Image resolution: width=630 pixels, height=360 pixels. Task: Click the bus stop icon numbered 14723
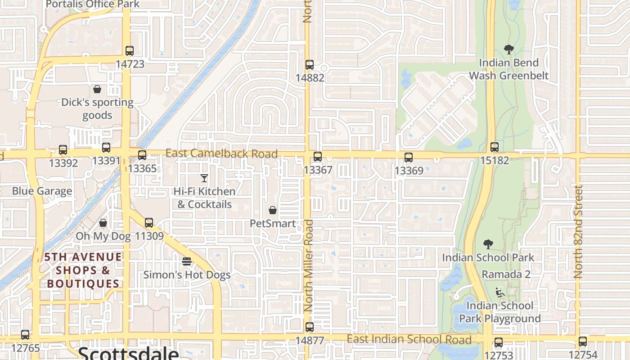pos(130,51)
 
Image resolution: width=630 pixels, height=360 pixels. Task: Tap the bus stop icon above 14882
pos(310,64)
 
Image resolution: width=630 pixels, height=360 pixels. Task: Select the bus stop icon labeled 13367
pos(318,157)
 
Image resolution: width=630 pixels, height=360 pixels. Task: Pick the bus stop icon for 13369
pos(409,157)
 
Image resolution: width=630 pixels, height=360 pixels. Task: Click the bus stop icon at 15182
pos(495,147)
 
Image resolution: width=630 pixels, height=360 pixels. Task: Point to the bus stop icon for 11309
pos(149,222)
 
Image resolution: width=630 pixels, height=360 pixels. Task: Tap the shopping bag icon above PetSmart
pos(273,210)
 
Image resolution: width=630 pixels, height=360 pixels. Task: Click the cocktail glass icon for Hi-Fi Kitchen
pos(204,178)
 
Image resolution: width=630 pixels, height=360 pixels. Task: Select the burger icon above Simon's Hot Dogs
pos(187,261)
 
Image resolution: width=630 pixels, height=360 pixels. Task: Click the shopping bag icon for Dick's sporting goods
pos(97,89)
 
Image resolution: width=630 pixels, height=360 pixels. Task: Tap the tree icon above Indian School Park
pos(488,244)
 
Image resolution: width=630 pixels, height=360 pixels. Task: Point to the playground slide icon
pos(499,292)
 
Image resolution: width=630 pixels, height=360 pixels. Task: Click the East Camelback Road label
pos(221,153)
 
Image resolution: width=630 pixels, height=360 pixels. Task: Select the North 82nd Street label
pos(579,231)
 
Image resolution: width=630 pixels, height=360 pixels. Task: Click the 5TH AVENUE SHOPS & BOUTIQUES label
pos(83,270)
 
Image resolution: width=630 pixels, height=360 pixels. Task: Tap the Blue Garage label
pos(42,191)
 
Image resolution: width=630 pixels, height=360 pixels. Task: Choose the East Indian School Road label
pos(409,339)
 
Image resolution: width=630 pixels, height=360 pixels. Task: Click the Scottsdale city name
pos(128,353)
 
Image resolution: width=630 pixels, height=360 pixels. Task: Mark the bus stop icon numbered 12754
pos(583,342)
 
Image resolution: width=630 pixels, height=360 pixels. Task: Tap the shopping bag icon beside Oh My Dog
pos(103,223)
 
